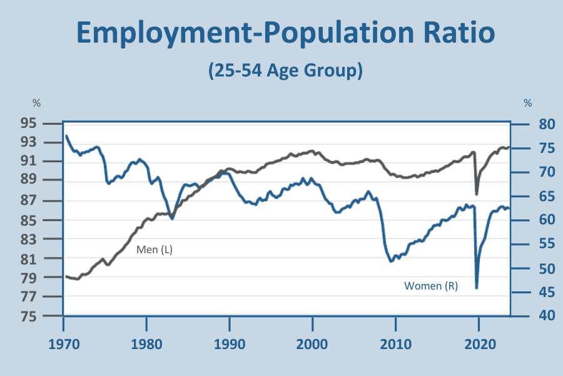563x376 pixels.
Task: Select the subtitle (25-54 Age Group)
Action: click(x=285, y=70)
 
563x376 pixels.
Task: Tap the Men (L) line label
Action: click(x=155, y=249)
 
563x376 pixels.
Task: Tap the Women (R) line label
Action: click(x=431, y=286)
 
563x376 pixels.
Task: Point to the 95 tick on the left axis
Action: click(x=45, y=123)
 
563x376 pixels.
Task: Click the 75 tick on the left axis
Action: click(x=45, y=316)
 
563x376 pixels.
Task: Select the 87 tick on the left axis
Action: click(x=45, y=201)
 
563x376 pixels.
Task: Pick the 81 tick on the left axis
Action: click(x=45, y=258)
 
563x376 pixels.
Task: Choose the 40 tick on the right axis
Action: click(x=530, y=316)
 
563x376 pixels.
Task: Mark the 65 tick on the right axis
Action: click(x=530, y=196)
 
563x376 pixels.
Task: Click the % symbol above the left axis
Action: click(x=36, y=103)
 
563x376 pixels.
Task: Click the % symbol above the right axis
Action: click(x=528, y=103)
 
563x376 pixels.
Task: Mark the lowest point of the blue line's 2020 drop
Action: click(x=477, y=288)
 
